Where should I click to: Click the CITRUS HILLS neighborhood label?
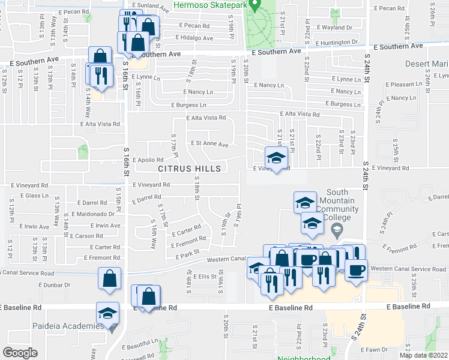190,169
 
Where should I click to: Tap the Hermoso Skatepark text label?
209,5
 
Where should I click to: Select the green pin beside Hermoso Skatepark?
254,6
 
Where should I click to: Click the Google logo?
20,353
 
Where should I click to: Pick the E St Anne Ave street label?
209,144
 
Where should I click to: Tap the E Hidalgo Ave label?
194,38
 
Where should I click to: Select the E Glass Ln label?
37,196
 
